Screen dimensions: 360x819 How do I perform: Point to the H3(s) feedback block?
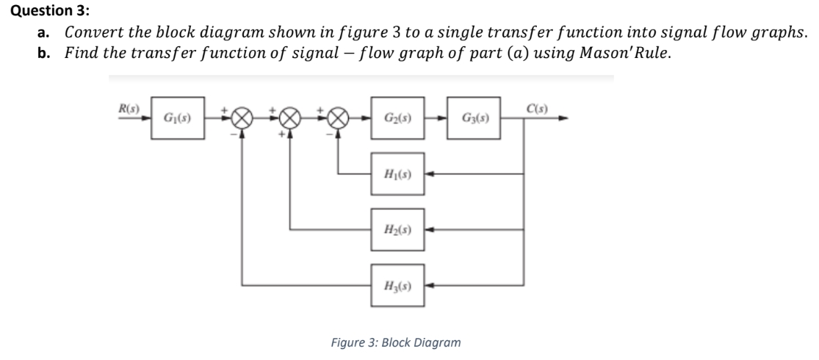[x=397, y=283]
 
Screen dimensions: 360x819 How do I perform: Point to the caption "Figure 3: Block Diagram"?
[x=397, y=342]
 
